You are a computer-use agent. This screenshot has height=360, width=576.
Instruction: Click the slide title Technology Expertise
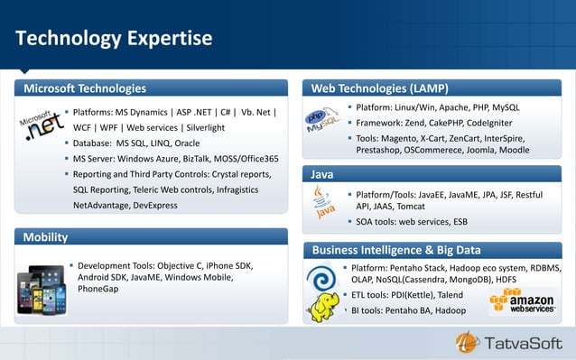(113, 39)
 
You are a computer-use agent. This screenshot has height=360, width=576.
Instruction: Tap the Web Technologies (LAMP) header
(379, 88)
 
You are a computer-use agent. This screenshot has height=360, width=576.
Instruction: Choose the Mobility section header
(45, 237)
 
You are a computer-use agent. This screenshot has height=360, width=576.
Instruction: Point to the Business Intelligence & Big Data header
(395, 250)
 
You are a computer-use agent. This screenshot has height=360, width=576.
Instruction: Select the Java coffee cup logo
(323, 202)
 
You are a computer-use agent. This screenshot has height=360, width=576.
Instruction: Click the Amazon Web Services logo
(521, 301)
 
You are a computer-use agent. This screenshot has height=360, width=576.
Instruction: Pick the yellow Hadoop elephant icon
(322, 308)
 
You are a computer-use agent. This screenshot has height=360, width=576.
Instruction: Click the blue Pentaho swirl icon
(321, 276)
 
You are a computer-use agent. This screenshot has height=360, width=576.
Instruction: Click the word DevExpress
(151, 205)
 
